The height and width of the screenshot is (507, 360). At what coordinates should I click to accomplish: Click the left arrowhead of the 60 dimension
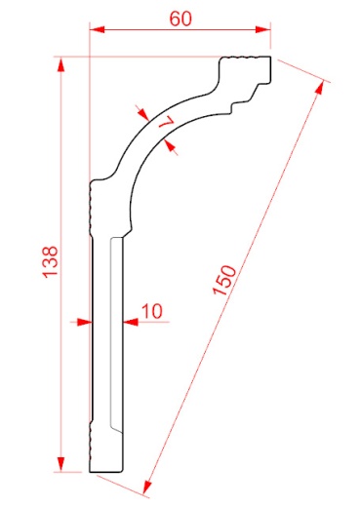(98, 29)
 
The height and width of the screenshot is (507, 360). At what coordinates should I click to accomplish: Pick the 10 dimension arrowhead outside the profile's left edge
(82, 321)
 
